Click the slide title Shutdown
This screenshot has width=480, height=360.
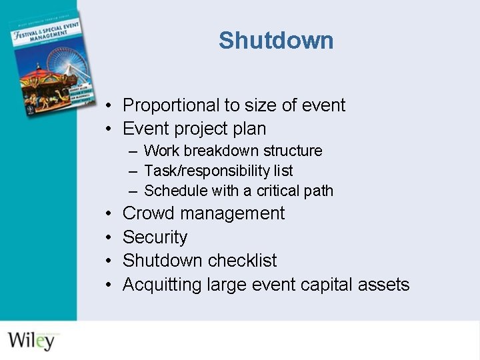point(276,41)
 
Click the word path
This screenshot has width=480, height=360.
point(319,191)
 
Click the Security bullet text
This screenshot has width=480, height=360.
point(155,237)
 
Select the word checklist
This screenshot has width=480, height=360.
point(242,261)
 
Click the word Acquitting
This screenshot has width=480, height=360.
point(162,285)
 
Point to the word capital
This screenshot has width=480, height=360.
point(327,285)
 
